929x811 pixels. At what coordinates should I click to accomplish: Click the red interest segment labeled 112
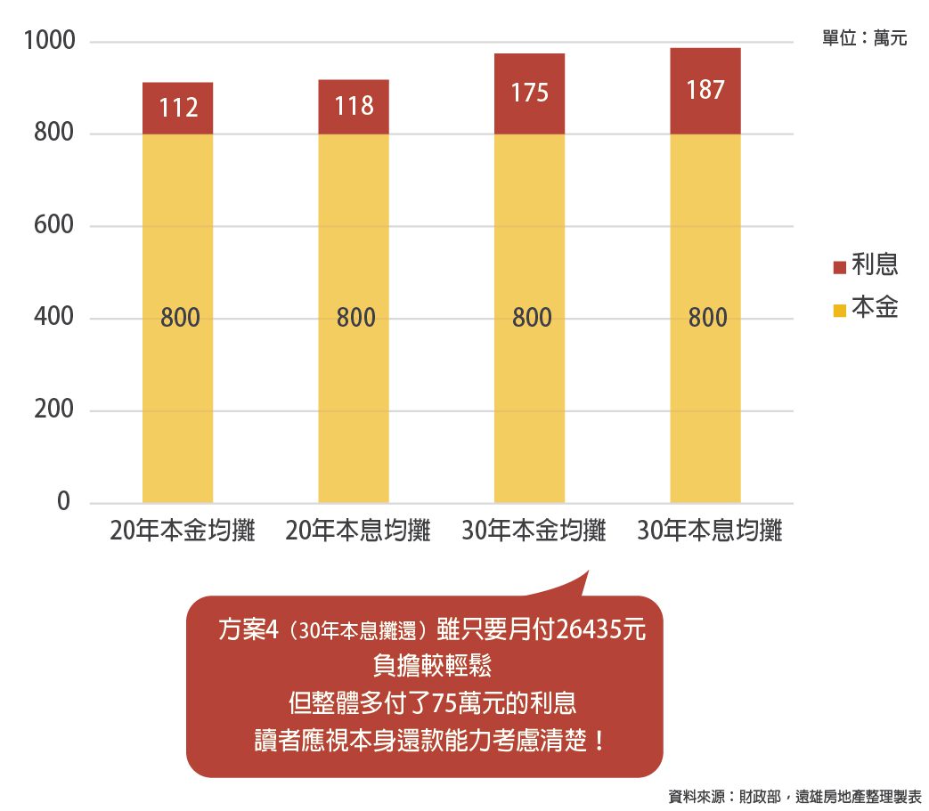[x=178, y=109]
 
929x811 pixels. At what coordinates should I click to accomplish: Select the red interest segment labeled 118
[x=354, y=107]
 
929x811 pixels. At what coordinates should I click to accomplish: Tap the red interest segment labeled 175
[x=529, y=93]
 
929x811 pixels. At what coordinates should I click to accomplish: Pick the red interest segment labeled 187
[x=705, y=91]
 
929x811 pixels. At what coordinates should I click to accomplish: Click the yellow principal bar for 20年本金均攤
[x=178, y=356]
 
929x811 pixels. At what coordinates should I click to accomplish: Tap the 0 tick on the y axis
[x=63, y=502]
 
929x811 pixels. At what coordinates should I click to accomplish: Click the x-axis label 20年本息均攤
[x=358, y=531]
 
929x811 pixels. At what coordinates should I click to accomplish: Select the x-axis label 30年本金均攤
[x=534, y=531]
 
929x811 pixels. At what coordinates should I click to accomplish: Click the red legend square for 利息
[x=839, y=267]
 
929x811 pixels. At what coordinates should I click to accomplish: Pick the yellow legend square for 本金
[x=839, y=310]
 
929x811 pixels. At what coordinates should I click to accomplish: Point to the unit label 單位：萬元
[x=864, y=39]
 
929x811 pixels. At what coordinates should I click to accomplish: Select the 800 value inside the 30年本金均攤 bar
[x=532, y=318]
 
